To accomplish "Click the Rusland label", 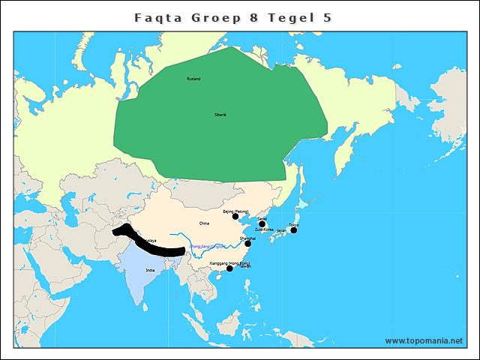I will click(x=193, y=79).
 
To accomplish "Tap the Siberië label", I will click(x=220, y=115).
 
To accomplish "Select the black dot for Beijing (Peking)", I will click(x=235, y=217).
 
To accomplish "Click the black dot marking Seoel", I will click(x=262, y=224).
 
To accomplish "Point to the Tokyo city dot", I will click(x=294, y=230).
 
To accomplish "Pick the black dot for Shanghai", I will click(x=247, y=243).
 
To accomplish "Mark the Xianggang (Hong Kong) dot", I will click(x=229, y=268).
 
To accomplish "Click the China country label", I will click(x=204, y=223).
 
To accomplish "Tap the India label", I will click(x=150, y=270).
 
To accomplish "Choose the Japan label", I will click(x=281, y=231).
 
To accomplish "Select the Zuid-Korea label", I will click(x=264, y=229).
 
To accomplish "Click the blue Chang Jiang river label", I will click(x=208, y=245).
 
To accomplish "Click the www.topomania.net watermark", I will click(x=424, y=340).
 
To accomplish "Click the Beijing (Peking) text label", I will click(x=235, y=211).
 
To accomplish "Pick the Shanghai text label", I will click(x=247, y=238).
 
